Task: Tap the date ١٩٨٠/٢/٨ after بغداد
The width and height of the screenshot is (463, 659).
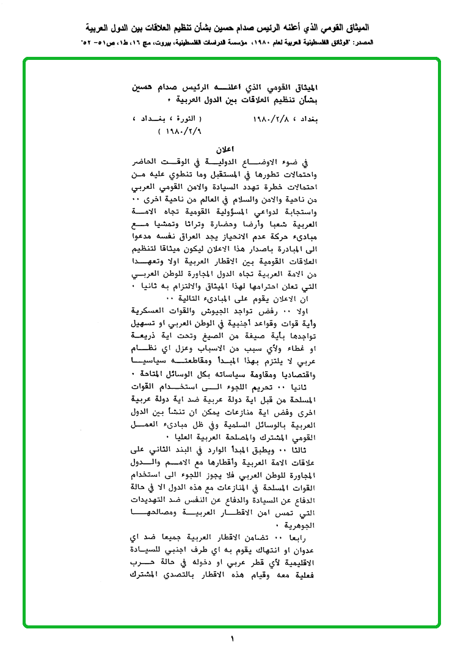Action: point(275,119)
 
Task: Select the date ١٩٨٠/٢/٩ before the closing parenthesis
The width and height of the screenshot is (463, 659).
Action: point(181,131)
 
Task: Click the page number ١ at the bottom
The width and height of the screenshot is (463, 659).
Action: point(232,639)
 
